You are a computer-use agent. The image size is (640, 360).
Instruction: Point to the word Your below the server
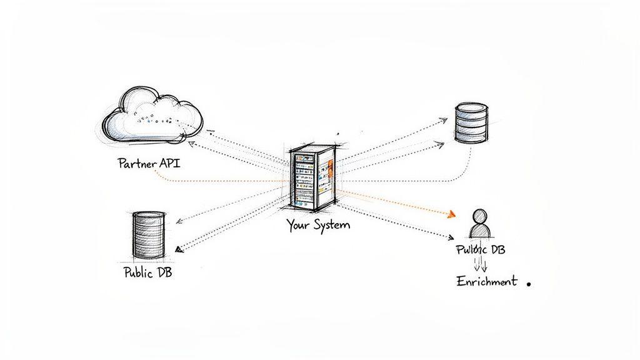coord(298,225)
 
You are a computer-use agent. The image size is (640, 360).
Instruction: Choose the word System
coord(331,225)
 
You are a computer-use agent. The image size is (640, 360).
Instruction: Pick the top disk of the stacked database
coord(471,109)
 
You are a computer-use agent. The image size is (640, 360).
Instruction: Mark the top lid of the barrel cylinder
coord(149,215)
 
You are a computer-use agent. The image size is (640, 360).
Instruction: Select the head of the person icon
coord(479,217)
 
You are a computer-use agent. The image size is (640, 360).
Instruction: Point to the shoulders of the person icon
coord(479,232)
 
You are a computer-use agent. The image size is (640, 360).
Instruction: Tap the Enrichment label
coord(487,281)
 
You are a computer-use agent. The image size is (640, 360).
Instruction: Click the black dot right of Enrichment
coord(529,283)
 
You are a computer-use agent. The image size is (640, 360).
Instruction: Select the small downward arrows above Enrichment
coord(480,263)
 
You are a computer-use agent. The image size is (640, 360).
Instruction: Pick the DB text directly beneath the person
coord(497,249)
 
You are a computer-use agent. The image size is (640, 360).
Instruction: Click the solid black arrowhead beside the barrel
coord(179,249)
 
